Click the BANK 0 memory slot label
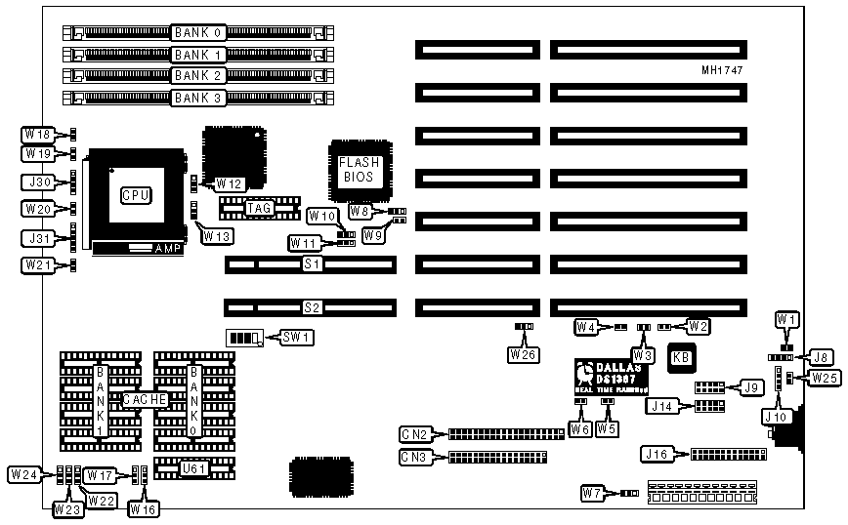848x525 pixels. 198,32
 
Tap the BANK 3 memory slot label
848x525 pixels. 198,97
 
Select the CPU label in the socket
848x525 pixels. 135,195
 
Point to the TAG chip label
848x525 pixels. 259,207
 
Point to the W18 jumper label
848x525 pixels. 38,133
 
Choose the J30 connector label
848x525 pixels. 38,182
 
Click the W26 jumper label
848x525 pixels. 522,355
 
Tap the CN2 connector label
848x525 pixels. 413,433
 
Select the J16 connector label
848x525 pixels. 656,453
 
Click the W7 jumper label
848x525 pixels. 593,494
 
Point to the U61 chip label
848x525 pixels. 194,467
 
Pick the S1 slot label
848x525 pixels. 312,264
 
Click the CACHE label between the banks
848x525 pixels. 145,399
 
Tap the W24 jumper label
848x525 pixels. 23,474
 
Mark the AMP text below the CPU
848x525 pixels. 167,249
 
